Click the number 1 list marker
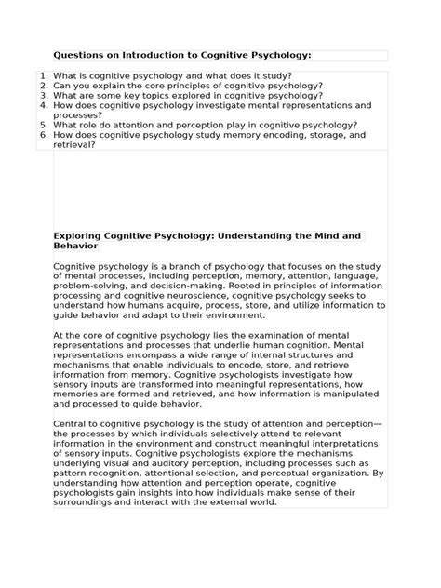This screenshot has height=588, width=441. [44, 75]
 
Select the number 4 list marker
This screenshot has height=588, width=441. [44, 105]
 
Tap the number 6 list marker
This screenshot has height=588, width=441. [44, 135]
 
